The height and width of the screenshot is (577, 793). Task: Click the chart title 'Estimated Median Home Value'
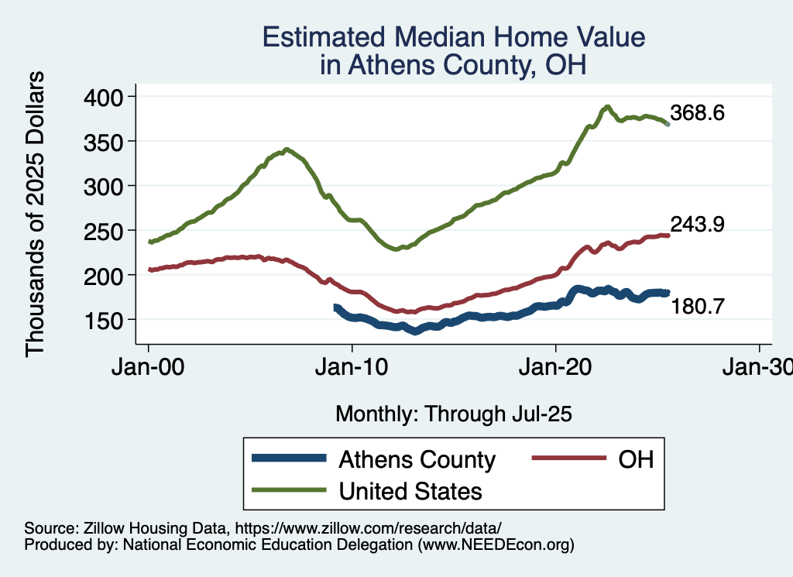(453, 38)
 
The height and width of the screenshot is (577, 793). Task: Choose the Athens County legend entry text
(417, 459)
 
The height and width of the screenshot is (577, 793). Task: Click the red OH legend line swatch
(568, 459)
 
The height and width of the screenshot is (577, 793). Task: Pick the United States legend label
(410, 490)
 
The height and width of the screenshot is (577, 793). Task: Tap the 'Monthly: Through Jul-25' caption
(453, 414)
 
